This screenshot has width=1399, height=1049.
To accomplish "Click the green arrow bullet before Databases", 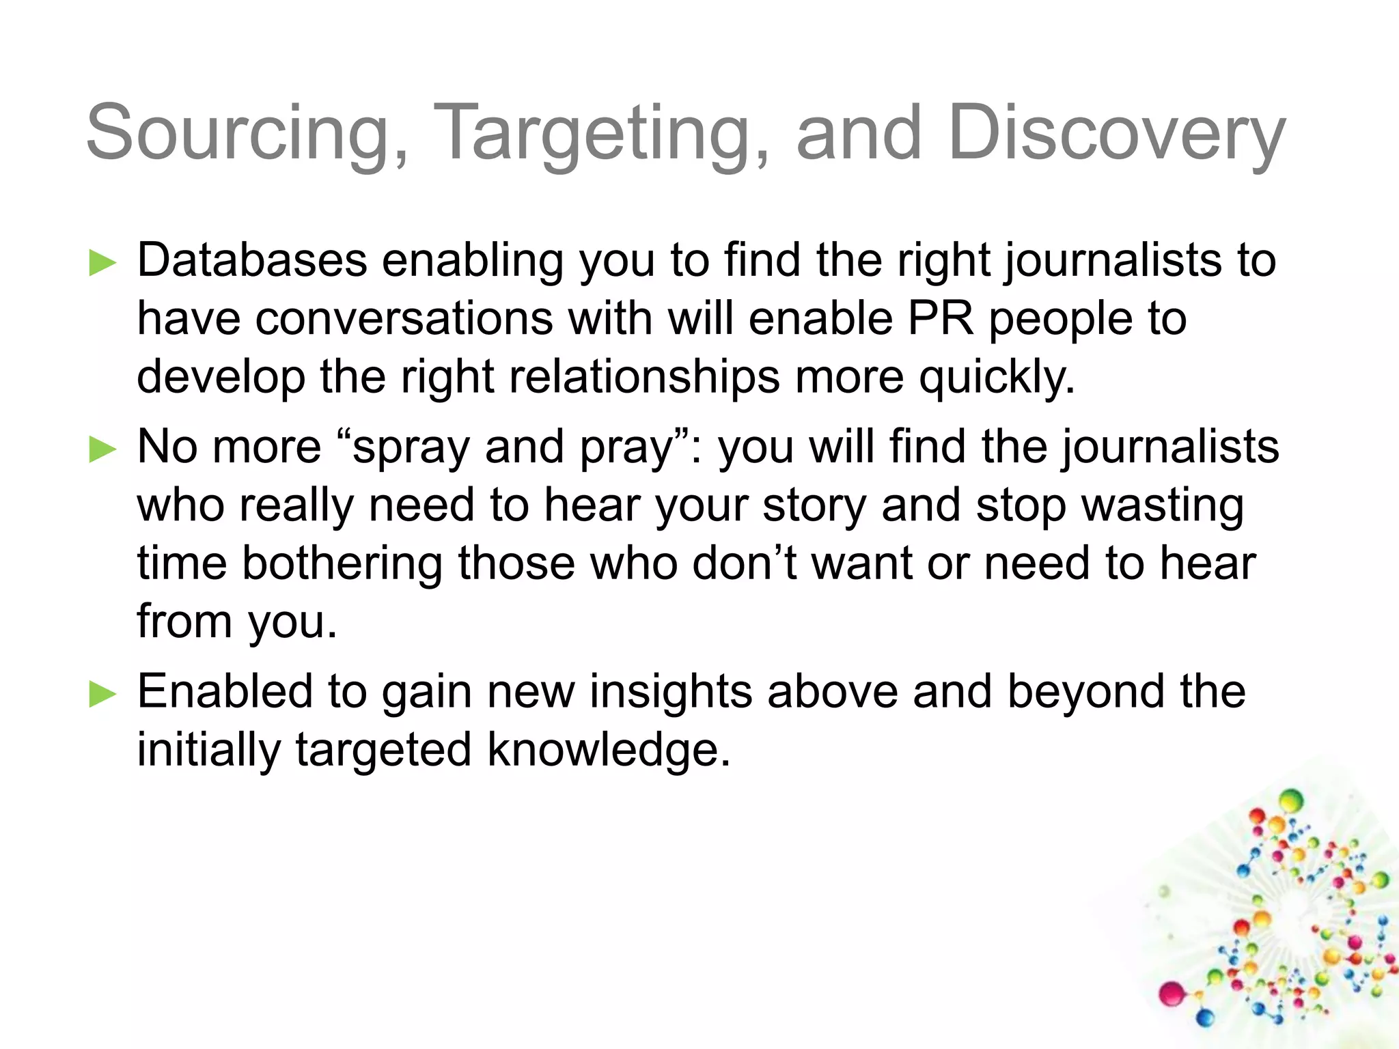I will click(x=103, y=263).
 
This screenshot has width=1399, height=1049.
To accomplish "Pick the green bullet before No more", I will click(x=103, y=449).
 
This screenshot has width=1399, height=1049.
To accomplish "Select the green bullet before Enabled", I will click(x=103, y=694).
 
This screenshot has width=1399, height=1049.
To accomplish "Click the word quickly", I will click(x=997, y=378).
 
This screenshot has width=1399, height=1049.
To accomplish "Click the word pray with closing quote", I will click(x=635, y=448).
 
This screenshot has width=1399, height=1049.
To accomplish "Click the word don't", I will click(x=745, y=563).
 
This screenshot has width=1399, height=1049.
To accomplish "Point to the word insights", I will click(x=669, y=691).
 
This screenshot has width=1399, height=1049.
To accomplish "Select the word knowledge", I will click(x=608, y=750).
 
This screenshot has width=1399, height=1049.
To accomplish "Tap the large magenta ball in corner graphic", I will click(x=1172, y=993).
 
